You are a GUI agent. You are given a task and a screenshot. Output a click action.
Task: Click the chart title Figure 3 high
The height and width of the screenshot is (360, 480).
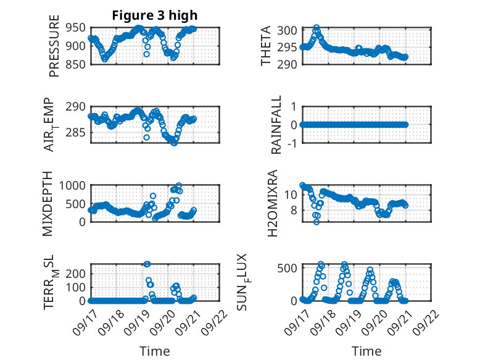(x=155, y=15)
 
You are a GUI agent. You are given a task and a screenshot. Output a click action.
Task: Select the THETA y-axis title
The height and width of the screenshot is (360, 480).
(x=266, y=46)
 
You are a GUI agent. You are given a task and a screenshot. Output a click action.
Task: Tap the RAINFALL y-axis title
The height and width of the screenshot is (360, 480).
(x=276, y=124)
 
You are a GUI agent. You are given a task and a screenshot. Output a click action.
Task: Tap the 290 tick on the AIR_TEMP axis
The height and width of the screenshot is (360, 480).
(x=78, y=107)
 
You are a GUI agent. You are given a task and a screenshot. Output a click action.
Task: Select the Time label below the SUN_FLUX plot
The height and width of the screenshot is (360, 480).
(x=366, y=351)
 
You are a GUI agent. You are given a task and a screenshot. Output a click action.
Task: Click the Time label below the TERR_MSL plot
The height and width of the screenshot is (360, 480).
(x=155, y=351)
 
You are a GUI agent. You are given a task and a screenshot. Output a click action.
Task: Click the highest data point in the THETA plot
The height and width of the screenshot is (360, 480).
(x=317, y=28)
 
